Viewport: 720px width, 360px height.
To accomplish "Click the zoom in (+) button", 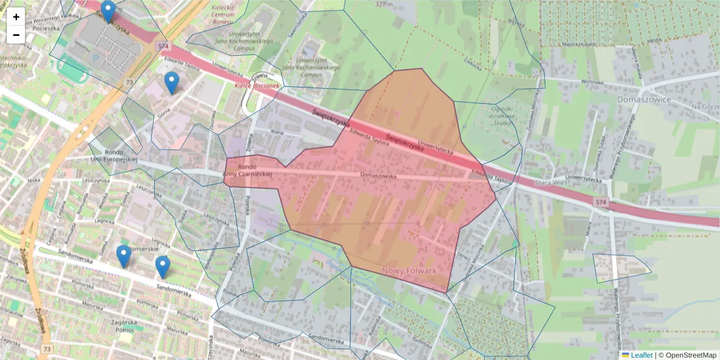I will (16, 17).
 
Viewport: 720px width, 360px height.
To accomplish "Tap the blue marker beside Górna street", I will (172, 83).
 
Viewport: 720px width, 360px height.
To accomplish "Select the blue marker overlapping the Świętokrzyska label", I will (108, 11).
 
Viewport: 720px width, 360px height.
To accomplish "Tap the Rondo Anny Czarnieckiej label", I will (247, 170).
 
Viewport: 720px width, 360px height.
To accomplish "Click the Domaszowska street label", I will (379, 175).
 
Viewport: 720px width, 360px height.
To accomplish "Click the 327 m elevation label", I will (383, 4).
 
